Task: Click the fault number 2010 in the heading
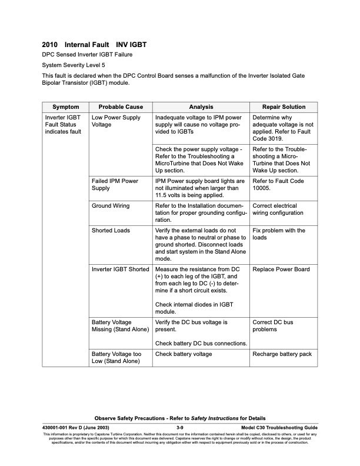50,44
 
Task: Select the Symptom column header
65,106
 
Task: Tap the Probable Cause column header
121,106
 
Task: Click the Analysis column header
201,106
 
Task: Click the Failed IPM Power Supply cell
115,184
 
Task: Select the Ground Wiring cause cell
111,206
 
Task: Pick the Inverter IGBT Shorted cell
121,269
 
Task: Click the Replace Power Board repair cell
281,269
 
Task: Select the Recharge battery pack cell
282,354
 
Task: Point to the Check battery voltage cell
184,354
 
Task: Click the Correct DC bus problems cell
272,326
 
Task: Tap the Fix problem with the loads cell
278,234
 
